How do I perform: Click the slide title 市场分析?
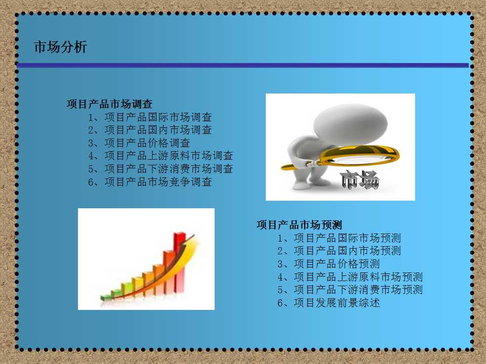pyautogui.click(x=60, y=47)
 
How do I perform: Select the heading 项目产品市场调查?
pyautogui.click(x=109, y=104)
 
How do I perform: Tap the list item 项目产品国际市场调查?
pyautogui.click(x=150, y=117)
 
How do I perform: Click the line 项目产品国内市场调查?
pyautogui.click(x=150, y=130)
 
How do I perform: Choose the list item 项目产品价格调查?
pyautogui.click(x=139, y=143)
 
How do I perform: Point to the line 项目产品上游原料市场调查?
pyautogui.click(x=160, y=156)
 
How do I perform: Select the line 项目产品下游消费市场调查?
pyautogui.click(x=160, y=169)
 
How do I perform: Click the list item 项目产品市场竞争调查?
pyautogui.click(x=150, y=181)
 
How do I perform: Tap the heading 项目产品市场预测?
pyautogui.click(x=299, y=225)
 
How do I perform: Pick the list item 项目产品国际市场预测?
pyautogui.click(x=339, y=238)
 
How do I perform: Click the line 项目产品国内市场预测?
pyautogui.click(x=339, y=251)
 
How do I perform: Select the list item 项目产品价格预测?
pyautogui.click(x=329, y=264)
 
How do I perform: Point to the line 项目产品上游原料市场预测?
pyautogui.click(x=350, y=277)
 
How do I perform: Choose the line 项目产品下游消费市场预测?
pyautogui.click(x=350, y=290)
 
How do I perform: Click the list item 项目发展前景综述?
pyautogui.click(x=329, y=303)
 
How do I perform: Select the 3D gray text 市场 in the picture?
pyautogui.click(x=359, y=179)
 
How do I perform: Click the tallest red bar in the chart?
pyautogui.click(x=179, y=262)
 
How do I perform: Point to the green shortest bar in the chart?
pyautogui.click(x=106, y=297)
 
